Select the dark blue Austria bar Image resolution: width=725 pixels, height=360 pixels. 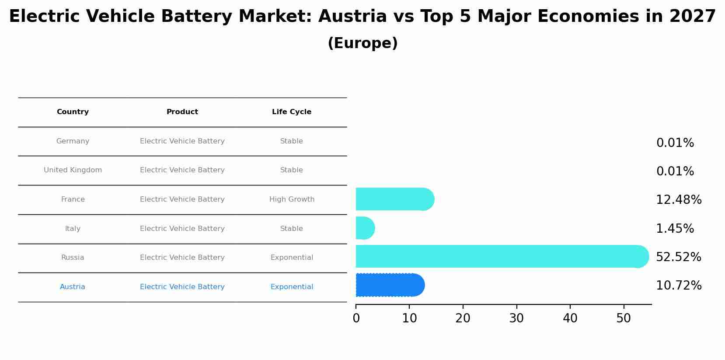click(390, 285)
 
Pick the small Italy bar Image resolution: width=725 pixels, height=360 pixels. click(365, 228)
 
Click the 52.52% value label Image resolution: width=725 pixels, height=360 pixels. click(678, 257)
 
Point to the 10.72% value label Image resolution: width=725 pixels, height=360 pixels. click(678, 286)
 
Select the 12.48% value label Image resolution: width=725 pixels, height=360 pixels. click(678, 200)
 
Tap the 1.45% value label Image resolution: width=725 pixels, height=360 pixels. click(675, 228)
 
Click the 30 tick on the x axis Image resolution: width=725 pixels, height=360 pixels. click(516, 318)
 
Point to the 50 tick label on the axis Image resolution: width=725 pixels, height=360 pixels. click(624, 318)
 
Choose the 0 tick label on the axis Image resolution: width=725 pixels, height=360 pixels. click(356, 318)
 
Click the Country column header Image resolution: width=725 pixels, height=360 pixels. click(73, 112)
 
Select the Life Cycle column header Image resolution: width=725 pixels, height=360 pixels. click(292, 112)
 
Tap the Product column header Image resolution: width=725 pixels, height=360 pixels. click(182, 112)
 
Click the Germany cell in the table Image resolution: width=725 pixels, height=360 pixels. click(73, 141)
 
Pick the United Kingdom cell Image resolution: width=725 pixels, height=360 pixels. click(73, 170)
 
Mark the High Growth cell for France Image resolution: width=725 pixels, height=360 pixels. click(292, 199)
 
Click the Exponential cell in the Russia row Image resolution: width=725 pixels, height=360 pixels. click(292, 258)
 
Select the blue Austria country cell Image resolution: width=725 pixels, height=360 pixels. click(73, 287)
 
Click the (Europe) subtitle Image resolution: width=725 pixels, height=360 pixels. click(362, 43)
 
